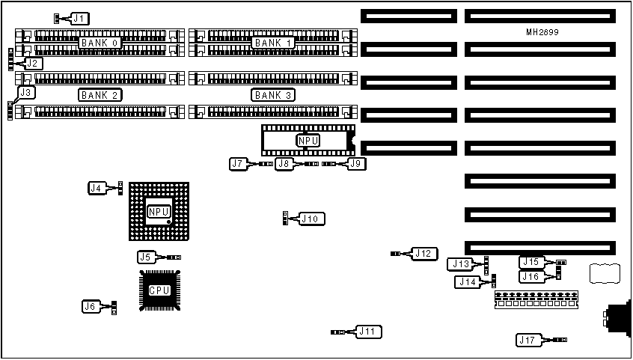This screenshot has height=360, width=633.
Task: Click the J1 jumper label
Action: click(x=79, y=17)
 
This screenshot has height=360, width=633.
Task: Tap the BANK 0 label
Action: click(x=100, y=43)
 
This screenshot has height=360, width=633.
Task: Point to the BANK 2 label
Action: click(x=100, y=95)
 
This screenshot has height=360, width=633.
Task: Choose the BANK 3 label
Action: click(x=273, y=95)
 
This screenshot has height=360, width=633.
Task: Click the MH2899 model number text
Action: click(x=542, y=33)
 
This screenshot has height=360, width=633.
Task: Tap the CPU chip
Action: click(x=159, y=290)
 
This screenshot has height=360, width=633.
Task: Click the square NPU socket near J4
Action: click(x=159, y=212)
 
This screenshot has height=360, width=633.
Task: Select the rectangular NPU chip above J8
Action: click(x=308, y=140)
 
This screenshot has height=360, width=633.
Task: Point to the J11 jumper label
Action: click(x=368, y=331)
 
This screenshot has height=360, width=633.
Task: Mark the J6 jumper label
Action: click(x=91, y=305)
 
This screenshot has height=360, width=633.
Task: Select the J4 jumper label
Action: click(x=97, y=189)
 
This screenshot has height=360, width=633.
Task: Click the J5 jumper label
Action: click(x=146, y=257)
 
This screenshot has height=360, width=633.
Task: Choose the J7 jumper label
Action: click(x=239, y=162)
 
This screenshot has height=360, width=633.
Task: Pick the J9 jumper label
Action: click(x=355, y=162)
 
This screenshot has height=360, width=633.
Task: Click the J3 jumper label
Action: click(x=26, y=92)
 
